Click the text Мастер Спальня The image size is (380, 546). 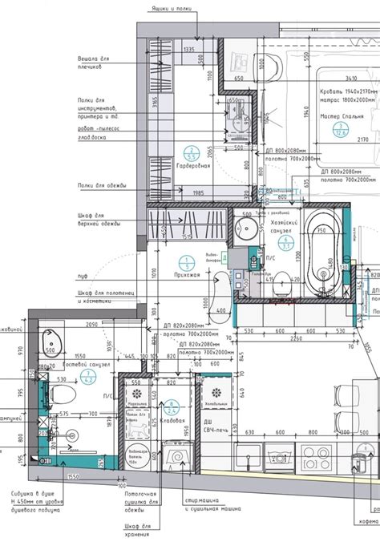pyautogui.click(x=342, y=117)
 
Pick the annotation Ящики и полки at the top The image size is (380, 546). pyautogui.click(x=169, y=7)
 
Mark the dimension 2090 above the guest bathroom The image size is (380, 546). pyautogui.click(x=91, y=324)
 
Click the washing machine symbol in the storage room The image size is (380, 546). pyautogui.click(x=176, y=459)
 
